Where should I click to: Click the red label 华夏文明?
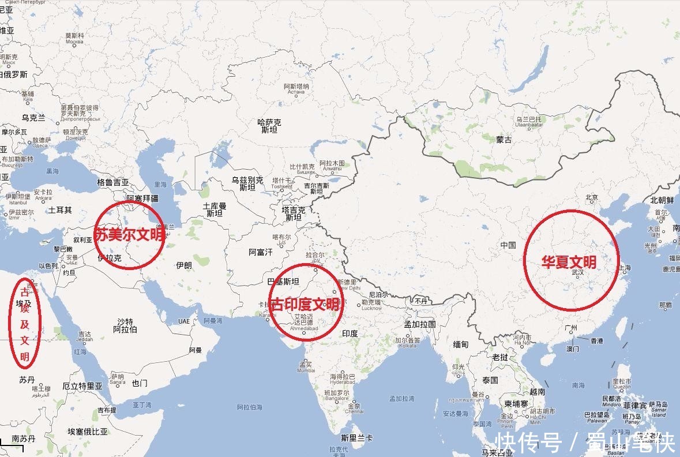tap(568, 262)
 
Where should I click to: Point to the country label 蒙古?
tap(504, 140)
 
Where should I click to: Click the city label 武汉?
tap(577, 273)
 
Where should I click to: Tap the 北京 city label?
tap(592, 197)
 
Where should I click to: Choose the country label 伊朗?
tap(183, 265)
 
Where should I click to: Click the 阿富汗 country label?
tap(260, 252)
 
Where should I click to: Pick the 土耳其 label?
tap(60, 210)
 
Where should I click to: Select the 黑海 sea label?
tap(52, 171)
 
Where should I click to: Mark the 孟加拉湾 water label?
tap(401, 399)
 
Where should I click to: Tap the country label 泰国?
tap(490, 380)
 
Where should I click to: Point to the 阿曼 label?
tap(196, 350)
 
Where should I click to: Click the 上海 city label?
tap(625, 268)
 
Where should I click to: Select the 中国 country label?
tap(508, 245)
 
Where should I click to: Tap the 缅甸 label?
tap(461, 344)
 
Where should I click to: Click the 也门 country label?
tap(140, 383)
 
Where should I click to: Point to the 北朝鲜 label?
tap(662, 200)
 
